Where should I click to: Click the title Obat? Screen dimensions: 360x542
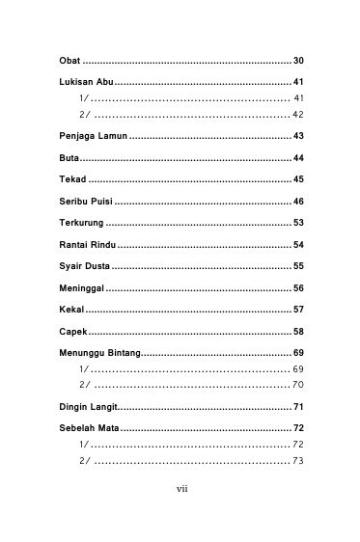[69, 61]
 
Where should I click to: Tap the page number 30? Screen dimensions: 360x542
[298, 61]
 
